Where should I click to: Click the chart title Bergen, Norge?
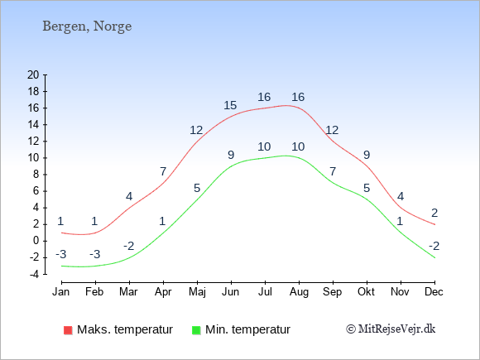[87, 26]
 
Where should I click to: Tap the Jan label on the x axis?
[61, 292]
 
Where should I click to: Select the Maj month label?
[197, 292]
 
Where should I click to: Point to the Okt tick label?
[366, 292]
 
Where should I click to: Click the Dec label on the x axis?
[434, 292]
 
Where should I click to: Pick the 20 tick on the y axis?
[33, 74]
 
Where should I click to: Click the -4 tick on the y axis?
[34, 274]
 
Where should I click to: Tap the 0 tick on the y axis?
[36, 241]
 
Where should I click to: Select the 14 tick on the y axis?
[33, 125]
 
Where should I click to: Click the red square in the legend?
[68, 330]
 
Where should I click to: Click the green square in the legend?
[196, 330]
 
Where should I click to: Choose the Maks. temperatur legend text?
[125, 329]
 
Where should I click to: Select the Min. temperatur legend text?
[247, 329]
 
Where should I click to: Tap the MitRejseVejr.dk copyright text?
[391, 329]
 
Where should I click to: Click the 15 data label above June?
[230, 105]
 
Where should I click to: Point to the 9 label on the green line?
[231, 155]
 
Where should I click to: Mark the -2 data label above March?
[128, 246]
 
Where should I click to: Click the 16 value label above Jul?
[264, 97]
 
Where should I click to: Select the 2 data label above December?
[434, 213]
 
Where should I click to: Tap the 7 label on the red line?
[163, 171]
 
